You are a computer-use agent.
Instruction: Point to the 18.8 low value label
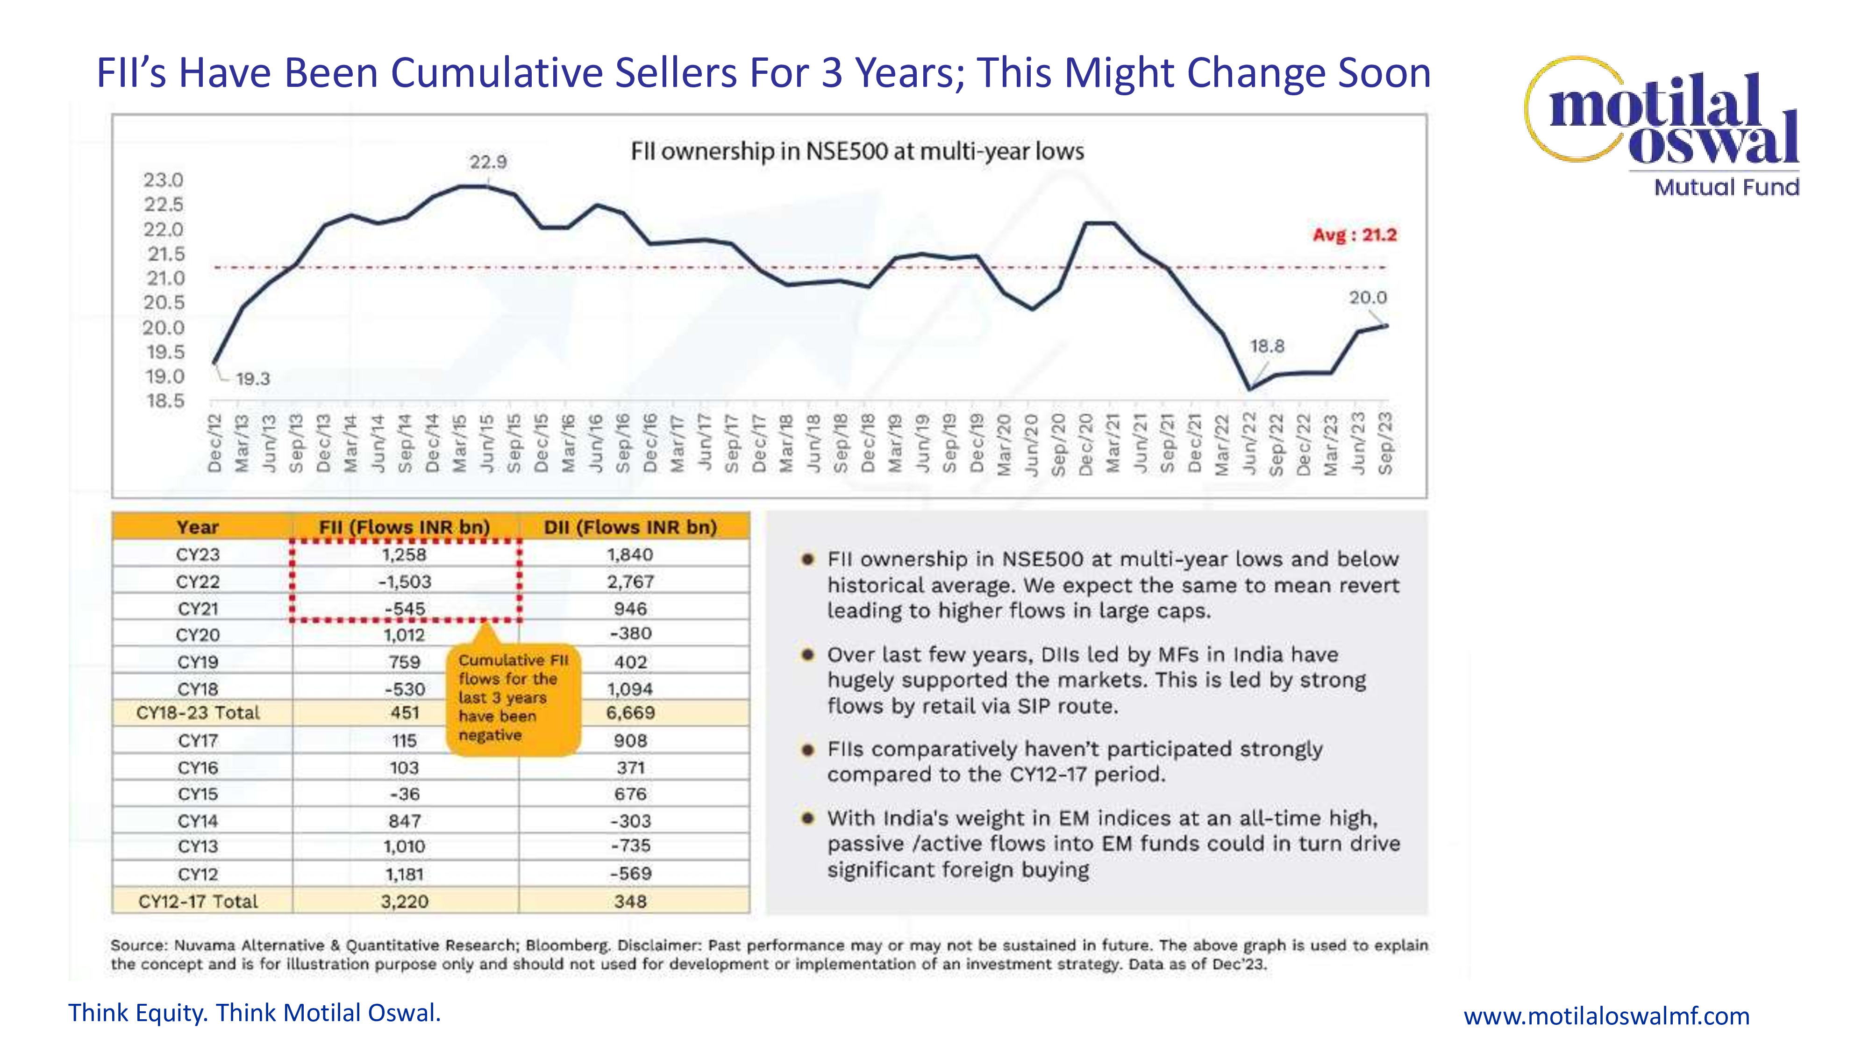(x=1267, y=347)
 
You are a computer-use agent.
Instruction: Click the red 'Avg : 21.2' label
(x=1354, y=235)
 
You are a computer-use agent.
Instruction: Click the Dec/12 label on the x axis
(x=215, y=443)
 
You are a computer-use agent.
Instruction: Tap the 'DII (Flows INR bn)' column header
(x=630, y=527)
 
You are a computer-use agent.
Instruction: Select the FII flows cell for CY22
(x=405, y=582)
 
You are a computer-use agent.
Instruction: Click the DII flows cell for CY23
(x=630, y=555)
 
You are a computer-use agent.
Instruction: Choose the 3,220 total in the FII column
(x=405, y=902)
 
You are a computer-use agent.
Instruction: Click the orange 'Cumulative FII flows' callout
(x=514, y=698)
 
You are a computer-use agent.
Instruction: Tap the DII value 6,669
(x=630, y=713)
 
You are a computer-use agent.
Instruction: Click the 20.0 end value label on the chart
(x=1368, y=298)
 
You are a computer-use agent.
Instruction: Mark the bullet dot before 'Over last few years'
(x=807, y=655)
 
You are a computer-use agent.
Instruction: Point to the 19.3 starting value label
(x=252, y=379)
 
